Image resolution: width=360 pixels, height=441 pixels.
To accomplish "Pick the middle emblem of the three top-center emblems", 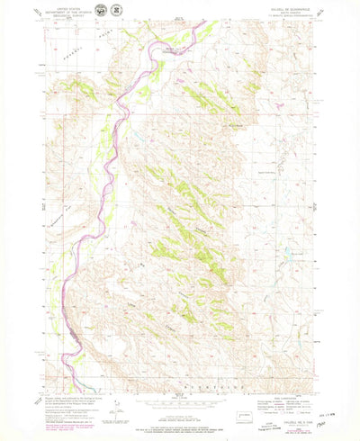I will click(x=180, y=11).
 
